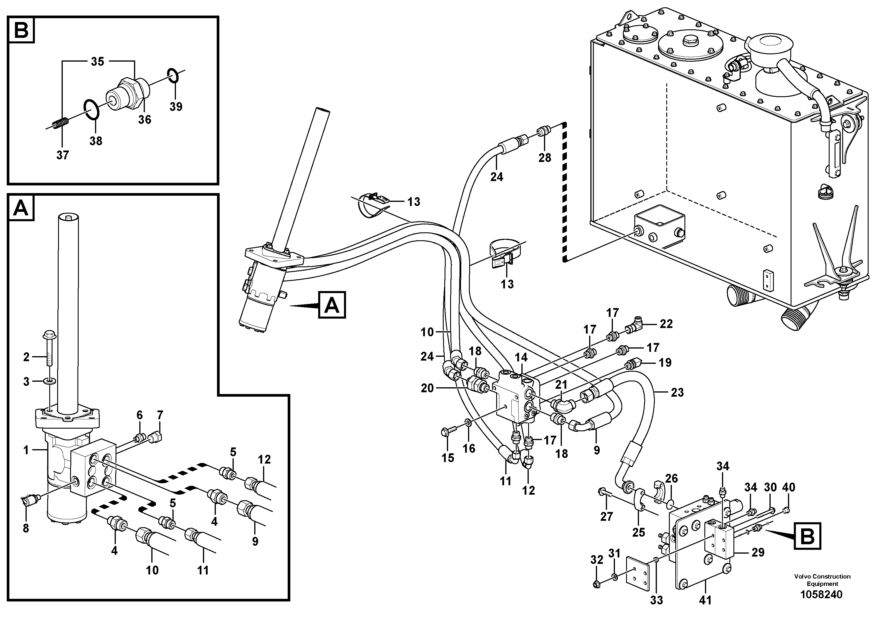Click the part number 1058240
[822, 594]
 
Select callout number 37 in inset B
[62, 155]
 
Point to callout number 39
[176, 107]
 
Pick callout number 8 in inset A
[26, 528]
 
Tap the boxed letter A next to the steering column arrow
[332, 305]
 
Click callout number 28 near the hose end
[545, 158]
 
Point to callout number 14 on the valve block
[521, 358]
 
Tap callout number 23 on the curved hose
[677, 393]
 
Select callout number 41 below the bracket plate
[705, 600]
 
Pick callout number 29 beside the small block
[758, 552]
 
